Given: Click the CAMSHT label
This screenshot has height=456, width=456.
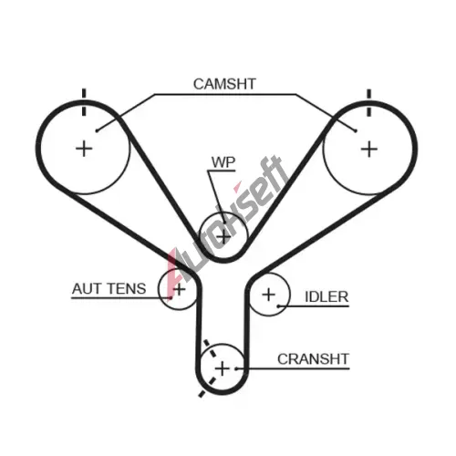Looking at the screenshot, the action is (x=224, y=84).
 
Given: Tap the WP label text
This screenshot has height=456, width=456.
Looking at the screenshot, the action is (x=223, y=162).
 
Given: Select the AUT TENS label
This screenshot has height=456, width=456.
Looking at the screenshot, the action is (x=109, y=288).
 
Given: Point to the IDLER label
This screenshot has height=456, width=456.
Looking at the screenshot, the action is (x=326, y=296).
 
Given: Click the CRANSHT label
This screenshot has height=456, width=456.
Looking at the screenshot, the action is (x=313, y=359).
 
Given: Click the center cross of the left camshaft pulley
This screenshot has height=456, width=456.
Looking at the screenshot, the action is (x=84, y=149).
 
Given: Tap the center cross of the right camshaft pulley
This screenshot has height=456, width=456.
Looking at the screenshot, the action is (x=369, y=150).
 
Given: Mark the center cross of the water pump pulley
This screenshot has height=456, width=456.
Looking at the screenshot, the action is (x=223, y=236).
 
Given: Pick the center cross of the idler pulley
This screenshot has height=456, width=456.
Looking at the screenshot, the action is (x=269, y=295).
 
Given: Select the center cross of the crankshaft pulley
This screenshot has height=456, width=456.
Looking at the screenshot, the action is (x=223, y=368).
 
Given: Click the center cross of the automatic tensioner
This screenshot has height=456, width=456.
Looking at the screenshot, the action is (x=180, y=289).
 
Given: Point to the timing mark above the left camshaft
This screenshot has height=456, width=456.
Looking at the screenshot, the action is (x=84, y=102).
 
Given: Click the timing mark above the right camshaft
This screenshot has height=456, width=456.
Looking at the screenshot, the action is (x=369, y=103).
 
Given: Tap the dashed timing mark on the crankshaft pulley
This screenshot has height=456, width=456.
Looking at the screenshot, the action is (x=211, y=368).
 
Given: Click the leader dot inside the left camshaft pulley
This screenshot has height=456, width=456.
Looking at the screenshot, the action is (x=97, y=130).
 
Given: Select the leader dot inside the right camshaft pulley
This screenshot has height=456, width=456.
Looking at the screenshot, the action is (x=356, y=131).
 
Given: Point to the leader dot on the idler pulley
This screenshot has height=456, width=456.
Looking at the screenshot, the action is (x=278, y=306).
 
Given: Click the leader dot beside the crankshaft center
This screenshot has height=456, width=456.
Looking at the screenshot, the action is (x=236, y=368).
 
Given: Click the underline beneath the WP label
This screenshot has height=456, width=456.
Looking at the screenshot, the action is (x=222, y=171).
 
